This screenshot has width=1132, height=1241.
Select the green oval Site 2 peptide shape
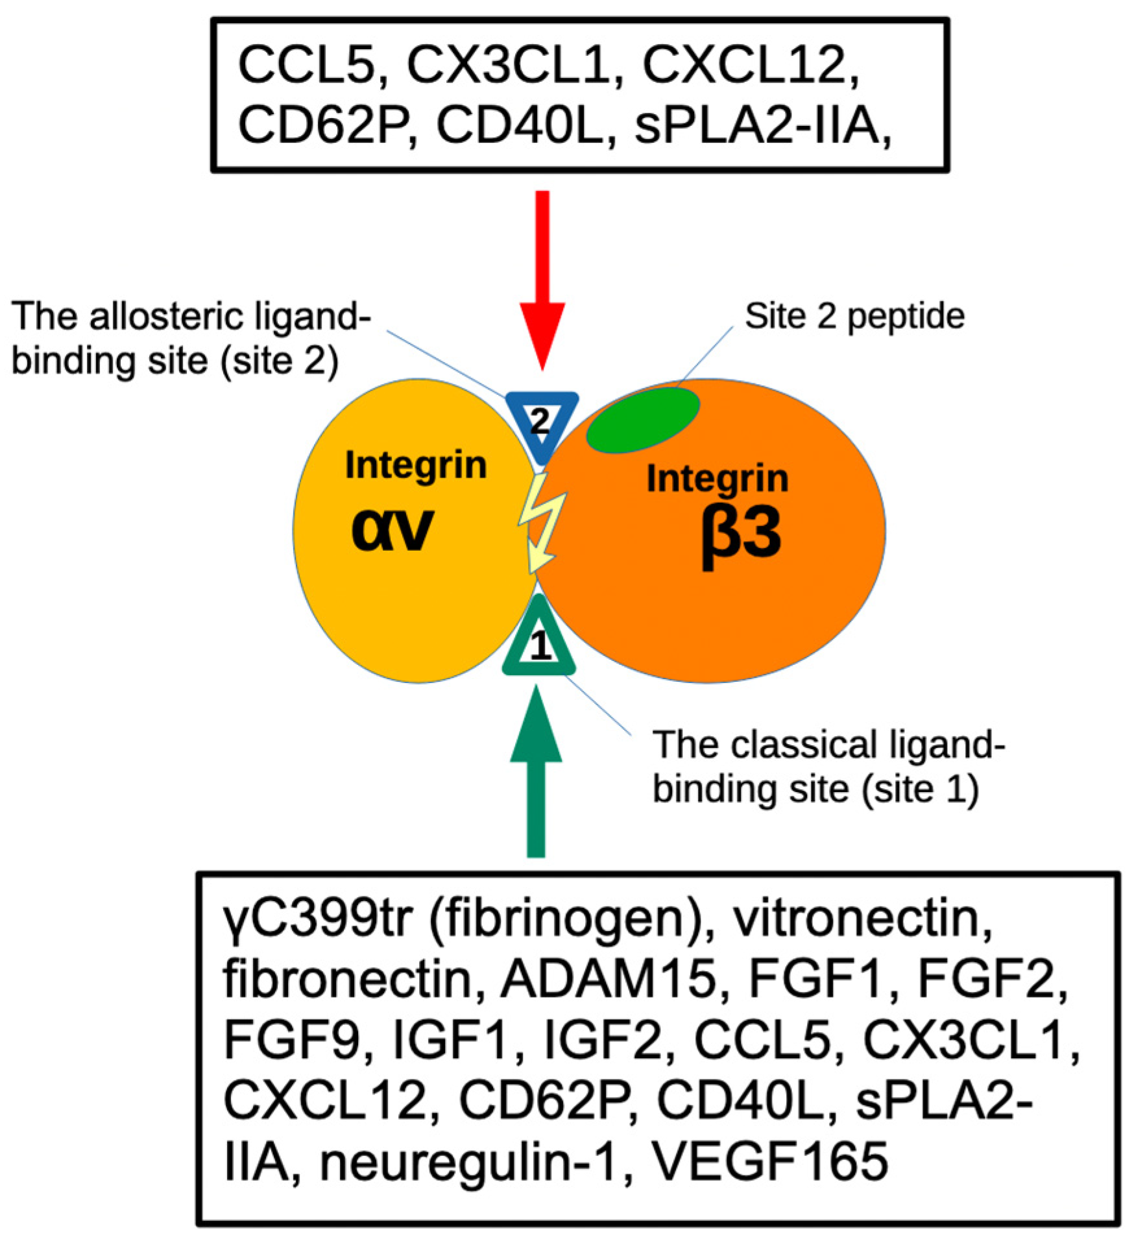tap(643, 419)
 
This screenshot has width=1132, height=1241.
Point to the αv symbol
tap(392, 529)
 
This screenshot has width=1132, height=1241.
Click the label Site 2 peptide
tap(854, 317)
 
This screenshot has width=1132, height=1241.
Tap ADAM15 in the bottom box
tap(607, 980)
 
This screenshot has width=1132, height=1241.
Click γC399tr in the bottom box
tap(318, 919)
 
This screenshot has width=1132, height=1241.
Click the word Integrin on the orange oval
tap(717, 479)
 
